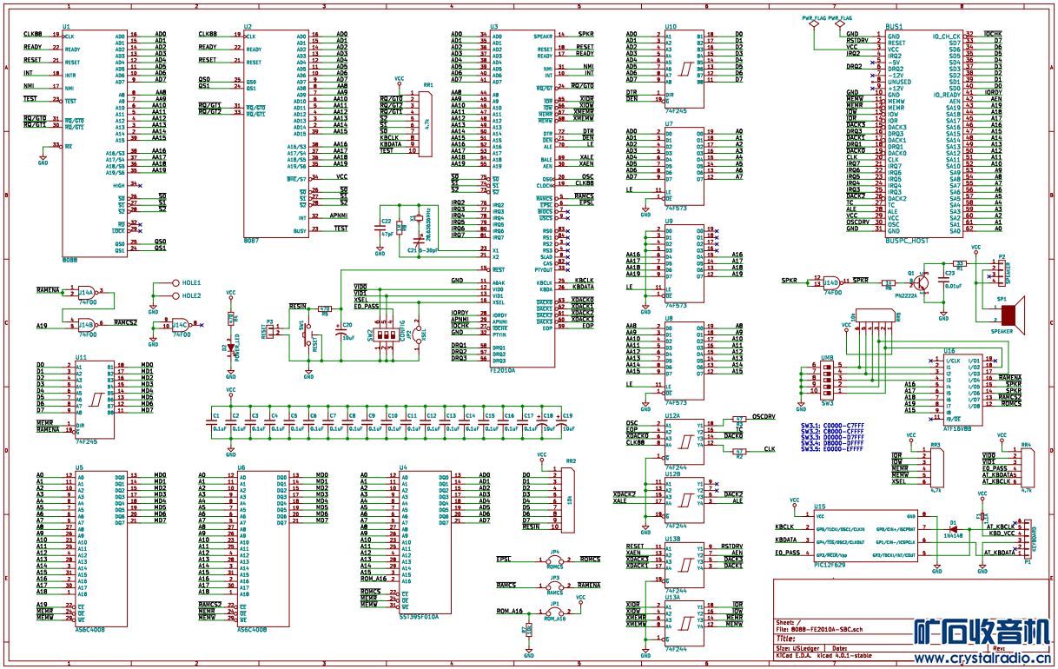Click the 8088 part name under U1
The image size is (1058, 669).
point(70,260)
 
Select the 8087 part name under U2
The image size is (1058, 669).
point(251,240)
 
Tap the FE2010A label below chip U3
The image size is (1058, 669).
point(502,370)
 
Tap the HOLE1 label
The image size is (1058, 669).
point(191,283)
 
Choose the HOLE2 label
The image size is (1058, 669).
point(191,295)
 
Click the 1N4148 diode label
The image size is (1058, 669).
point(954,536)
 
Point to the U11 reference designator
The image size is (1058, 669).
point(81,357)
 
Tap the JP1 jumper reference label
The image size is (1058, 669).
point(554,602)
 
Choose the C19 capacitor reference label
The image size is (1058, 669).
point(568,415)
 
